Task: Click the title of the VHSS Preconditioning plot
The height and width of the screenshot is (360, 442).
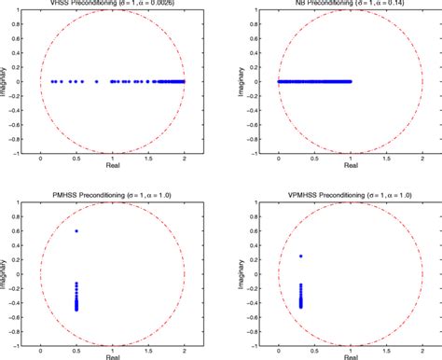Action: coord(112,4)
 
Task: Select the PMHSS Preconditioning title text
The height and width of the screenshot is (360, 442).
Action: coord(112,191)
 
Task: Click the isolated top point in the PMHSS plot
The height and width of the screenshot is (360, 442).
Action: coord(76,230)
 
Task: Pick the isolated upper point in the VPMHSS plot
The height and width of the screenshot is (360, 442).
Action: coord(300,256)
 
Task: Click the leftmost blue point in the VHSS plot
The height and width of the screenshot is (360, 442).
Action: coord(52,81)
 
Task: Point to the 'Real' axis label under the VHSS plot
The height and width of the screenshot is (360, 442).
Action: coord(112,171)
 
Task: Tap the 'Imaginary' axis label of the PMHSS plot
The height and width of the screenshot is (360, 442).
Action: coord(7,270)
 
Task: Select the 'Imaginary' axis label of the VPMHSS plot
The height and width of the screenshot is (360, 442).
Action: coord(231,270)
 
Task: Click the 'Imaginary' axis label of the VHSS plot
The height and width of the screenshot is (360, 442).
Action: coord(7,82)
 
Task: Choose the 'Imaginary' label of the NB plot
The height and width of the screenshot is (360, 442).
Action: coord(231,82)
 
